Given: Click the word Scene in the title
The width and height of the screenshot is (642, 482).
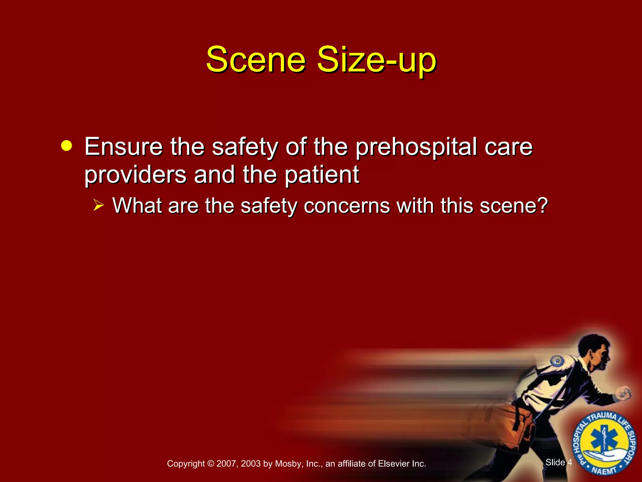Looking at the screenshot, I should [x=255, y=60].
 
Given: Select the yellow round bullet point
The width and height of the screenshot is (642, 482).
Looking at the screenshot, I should [x=66, y=146].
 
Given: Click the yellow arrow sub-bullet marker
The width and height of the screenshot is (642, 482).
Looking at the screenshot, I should [x=98, y=206].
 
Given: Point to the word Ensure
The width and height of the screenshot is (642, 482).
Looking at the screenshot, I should [x=124, y=147].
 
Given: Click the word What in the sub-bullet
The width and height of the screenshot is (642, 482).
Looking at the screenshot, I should [x=137, y=206].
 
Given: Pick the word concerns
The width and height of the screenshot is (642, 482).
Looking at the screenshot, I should [x=347, y=206].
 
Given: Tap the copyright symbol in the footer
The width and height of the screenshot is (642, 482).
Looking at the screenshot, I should [x=210, y=463].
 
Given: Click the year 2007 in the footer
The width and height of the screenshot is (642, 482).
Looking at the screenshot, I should [x=226, y=463].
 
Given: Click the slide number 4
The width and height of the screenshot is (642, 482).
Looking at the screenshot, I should [x=570, y=462].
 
